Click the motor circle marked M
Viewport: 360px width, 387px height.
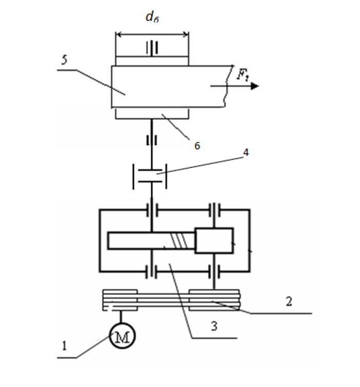click(x=122, y=336)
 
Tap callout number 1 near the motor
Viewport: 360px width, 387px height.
click(x=64, y=346)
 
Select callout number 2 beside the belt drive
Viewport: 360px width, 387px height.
click(x=289, y=302)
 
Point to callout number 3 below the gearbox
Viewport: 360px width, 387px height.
click(x=214, y=326)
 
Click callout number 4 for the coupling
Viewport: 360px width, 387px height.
click(x=246, y=152)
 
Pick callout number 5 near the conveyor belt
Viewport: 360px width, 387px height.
click(x=64, y=60)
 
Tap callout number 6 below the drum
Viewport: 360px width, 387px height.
click(x=197, y=145)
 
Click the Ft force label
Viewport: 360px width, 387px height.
click(x=242, y=75)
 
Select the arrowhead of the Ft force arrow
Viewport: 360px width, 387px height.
click(x=255, y=86)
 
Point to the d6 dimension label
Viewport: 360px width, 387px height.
click(x=152, y=17)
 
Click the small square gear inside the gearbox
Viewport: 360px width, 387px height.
click(x=214, y=241)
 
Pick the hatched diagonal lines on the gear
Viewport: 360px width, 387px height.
click(x=182, y=241)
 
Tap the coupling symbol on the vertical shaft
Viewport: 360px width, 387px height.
click(x=150, y=176)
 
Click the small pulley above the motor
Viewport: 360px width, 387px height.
click(x=120, y=300)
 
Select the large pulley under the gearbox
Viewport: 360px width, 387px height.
click(x=214, y=300)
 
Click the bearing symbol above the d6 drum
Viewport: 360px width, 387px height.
click(x=152, y=48)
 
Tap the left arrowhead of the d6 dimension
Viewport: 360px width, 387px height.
click(x=118, y=34)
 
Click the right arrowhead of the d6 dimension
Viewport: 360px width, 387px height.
click(x=186, y=34)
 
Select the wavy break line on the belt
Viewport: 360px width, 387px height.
click(x=228, y=86)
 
